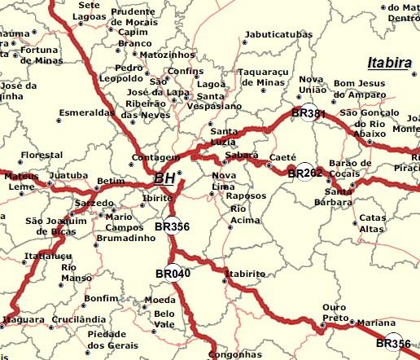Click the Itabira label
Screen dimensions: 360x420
389,63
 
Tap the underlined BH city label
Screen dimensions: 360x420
164,178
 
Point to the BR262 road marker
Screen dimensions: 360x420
305,173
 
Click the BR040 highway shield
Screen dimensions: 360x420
172,274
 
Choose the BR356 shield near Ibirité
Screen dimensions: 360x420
172,226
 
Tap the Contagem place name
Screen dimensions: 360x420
154,157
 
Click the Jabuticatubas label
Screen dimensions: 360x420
278,36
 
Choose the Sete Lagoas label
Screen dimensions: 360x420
90,10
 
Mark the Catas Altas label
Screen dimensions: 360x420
373,223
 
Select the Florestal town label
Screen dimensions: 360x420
42,155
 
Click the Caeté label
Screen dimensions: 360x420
282,156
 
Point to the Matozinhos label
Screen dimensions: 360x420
168,55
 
